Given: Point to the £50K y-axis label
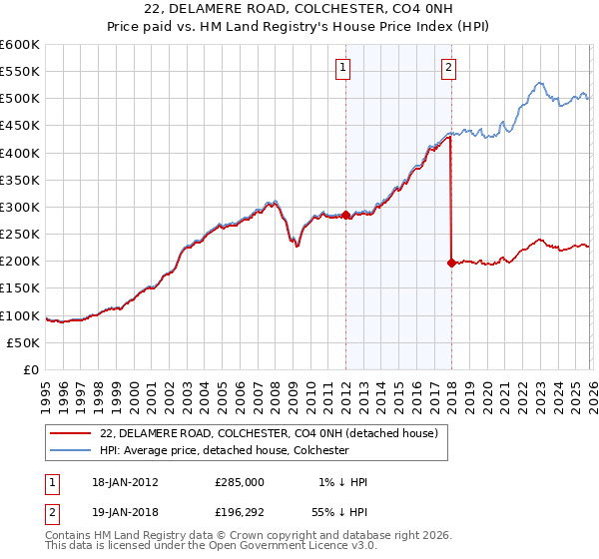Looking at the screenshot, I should click(23, 342).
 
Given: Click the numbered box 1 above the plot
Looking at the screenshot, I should click(343, 68).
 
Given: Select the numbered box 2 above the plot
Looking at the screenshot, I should click(448, 68).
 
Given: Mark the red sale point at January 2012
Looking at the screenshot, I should click(345, 215).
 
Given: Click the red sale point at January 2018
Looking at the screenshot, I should click(451, 263).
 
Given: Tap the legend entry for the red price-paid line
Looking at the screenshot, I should click(269, 433).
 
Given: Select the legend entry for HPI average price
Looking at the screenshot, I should click(224, 450).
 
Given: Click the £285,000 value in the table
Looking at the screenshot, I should click(240, 482).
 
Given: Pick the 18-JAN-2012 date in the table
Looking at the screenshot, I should click(125, 482).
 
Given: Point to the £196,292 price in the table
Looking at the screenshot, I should click(240, 512).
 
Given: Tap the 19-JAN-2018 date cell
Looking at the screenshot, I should click(125, 512).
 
